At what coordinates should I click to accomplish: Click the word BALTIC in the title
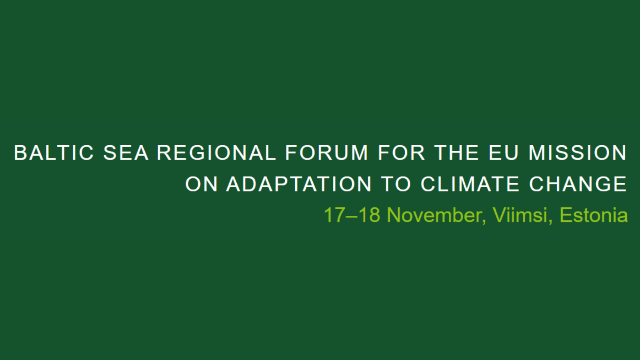(x=54, y=153)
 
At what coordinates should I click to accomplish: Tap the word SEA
(x=126, y=153)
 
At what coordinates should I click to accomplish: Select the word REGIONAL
(x=216, y=153)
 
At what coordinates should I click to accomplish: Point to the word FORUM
(x=327, y=153)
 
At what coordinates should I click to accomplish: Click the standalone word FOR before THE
(x=401, y=153)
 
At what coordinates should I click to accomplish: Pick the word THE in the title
(x=457, y=153)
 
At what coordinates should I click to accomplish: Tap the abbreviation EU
(x=504, y=153)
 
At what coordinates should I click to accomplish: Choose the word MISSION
(x=578, y=153)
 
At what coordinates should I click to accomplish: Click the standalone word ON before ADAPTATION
(x=202, y=184)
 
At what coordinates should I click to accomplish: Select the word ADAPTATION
(x=299, y=184)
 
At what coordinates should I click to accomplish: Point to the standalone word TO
(x=396, y=184)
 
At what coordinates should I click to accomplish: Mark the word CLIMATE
(x=470, y=184)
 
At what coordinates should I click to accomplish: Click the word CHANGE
(x=578, y=184)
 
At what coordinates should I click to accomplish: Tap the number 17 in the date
(x=334, y=215)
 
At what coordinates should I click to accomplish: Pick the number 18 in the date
(x=369, y=215)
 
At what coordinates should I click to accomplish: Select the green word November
(x=434, y=215)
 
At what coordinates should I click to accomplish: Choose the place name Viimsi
(x=520, y=215)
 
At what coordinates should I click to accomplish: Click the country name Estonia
(x=594, y=215)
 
